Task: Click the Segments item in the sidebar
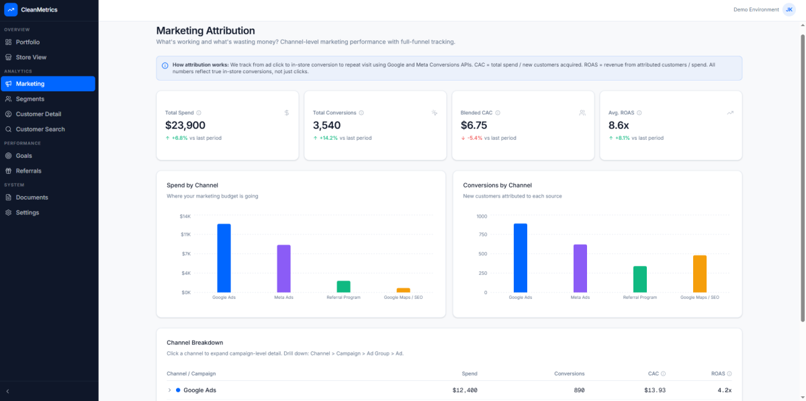30,99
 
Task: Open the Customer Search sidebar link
40,129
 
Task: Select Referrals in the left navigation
28,171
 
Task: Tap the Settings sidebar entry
28,212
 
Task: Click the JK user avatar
789,9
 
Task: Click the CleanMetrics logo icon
11,9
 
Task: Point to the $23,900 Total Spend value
185,125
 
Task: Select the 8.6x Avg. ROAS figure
619,125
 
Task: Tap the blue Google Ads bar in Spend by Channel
224,258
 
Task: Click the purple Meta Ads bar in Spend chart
283,269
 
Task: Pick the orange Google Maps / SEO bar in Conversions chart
699,273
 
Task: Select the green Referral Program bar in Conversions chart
639,279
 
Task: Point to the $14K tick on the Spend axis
185,216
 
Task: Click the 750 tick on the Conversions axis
482,235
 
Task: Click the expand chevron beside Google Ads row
169,390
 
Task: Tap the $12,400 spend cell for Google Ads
464,390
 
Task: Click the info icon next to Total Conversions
361,113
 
